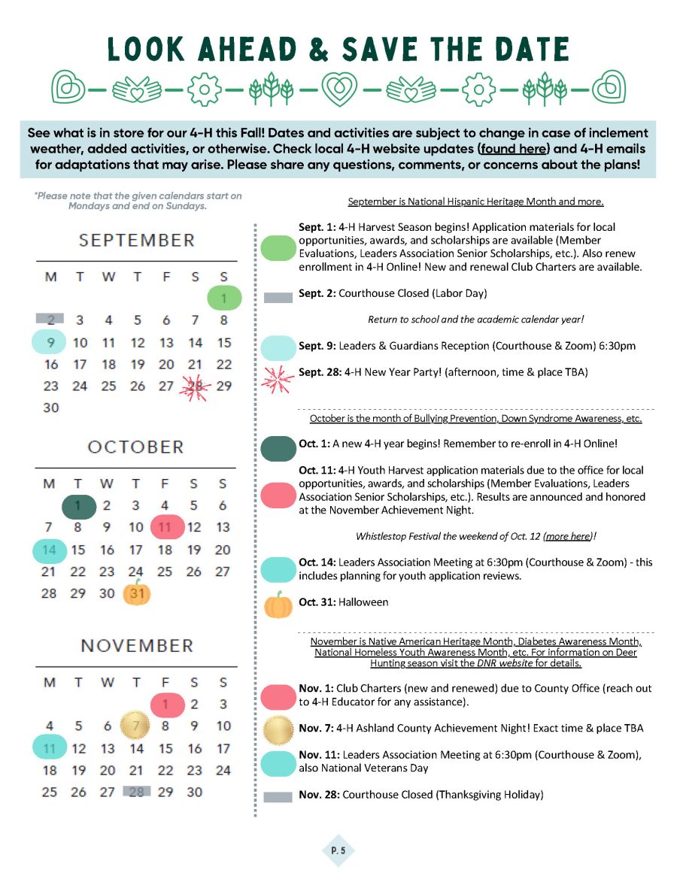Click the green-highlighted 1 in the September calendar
click(x=223, y=299)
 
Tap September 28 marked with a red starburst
click(x=196, y=386)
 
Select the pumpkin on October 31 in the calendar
click(x=137, y=593)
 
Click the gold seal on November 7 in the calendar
click(x=136, y=726)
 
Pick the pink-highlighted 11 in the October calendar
click(x=165, y=527)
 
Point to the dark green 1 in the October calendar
click(x=78, y=506)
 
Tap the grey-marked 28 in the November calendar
click(x=136, y=791)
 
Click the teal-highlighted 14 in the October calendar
click(x=50, y=550)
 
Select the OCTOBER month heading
click(x=136, y=447)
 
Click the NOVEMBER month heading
click(x=137, y=646)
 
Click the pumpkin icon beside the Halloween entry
click(x=278, y=605)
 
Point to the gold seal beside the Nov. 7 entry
click(x=278, y=729)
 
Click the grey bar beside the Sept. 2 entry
click(x=278, y=298)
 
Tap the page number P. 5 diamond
click(x=337, y=850)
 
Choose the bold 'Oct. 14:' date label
click(x=317, y=562)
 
